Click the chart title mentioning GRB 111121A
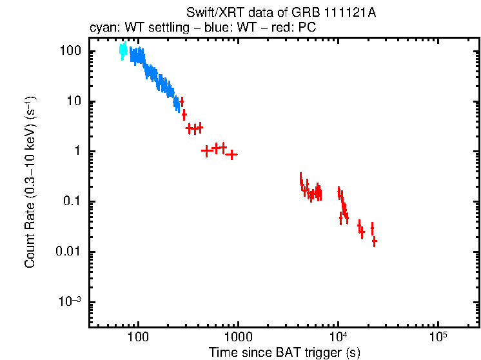(280, 13)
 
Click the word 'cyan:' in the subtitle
(103, 28)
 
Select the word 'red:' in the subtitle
(276, 28)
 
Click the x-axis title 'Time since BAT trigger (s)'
(284, 352)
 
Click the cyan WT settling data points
(123, 52)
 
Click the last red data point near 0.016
(374, 241)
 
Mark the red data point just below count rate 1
(231, 154)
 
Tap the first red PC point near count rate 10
(182, 101)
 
